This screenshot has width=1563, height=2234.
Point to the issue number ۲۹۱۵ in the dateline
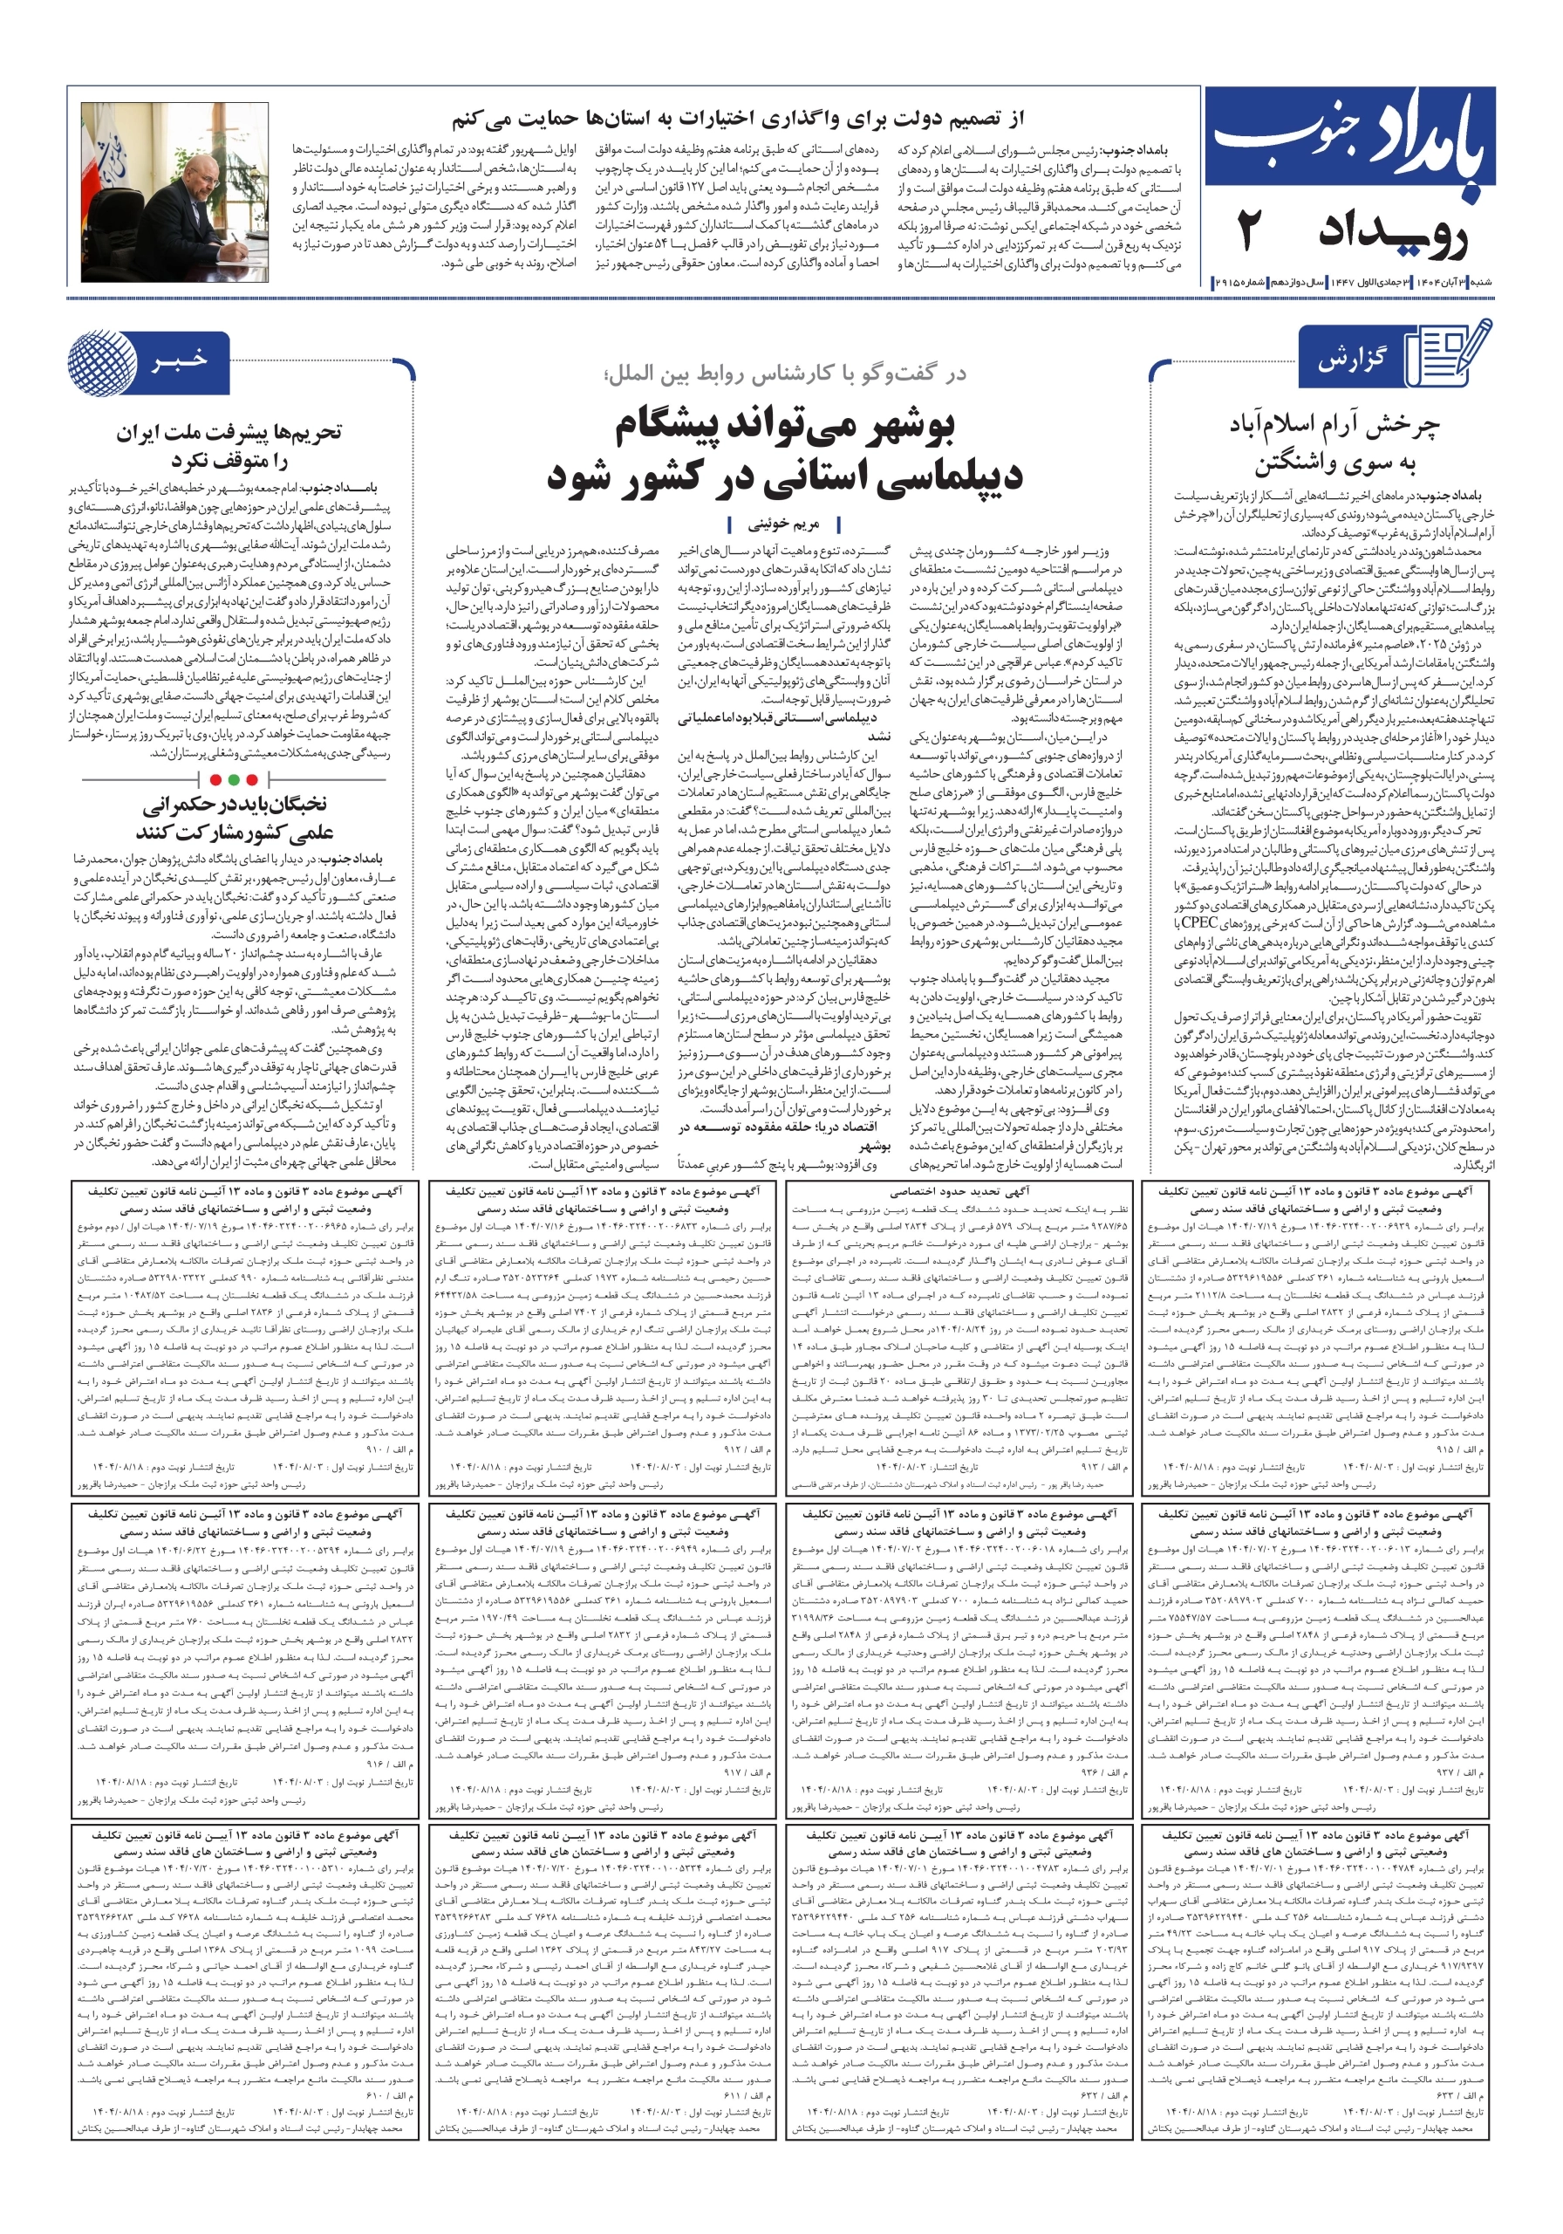[1228, 281]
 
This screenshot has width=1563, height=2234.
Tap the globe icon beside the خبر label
[102, 363]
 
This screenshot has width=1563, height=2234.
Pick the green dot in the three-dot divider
[234, 779]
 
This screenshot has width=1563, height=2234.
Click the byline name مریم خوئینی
[783, 524]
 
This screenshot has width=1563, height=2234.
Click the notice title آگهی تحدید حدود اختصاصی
[959, 1190]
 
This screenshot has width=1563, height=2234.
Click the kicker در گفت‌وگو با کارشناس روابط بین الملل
[785, 373]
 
